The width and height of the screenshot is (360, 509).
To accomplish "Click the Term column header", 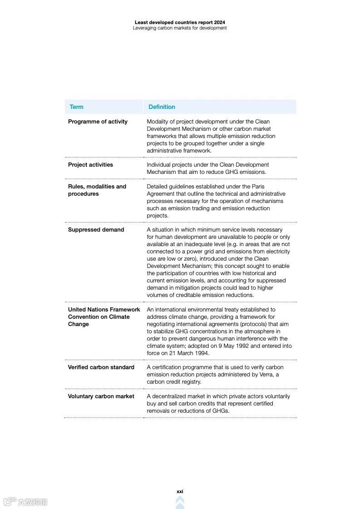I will click(76, 107).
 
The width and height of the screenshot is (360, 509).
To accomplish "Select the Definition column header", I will click(162, 107).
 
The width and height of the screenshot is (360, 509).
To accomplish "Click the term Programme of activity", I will click(98, 122).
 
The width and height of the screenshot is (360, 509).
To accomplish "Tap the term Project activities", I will click(90, 165).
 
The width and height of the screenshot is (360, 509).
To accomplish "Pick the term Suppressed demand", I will click(96, 230).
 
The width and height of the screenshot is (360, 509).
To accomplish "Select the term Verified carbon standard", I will click(101, 367).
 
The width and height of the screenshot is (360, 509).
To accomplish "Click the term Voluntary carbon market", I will click(101, 396).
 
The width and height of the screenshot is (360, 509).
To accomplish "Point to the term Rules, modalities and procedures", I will click(97, 190).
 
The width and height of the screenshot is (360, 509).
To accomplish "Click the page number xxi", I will click(180, 491).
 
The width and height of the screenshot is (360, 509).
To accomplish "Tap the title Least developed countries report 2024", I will click(180, 22).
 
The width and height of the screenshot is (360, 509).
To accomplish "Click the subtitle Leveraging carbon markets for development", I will click(180, 28).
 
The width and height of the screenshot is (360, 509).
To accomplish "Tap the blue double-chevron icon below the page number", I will click(180, 502).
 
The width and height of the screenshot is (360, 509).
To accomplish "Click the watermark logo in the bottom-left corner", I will click(25, 502).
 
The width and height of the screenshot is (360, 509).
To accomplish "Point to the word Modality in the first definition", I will click(158, 122).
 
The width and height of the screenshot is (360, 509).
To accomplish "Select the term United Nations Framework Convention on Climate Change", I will click(104, 317).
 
